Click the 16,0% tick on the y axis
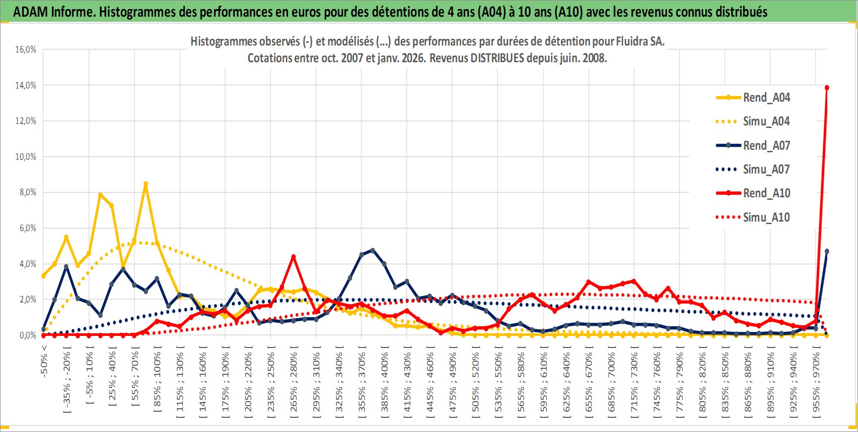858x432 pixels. tap(26, 50)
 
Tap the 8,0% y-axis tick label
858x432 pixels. tap(26, 192)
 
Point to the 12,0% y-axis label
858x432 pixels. tap(26, 121)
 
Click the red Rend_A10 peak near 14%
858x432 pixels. tap(827, 88)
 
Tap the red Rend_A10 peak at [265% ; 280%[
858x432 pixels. tap(293, 257)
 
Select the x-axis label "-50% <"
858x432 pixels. tap(44, 361)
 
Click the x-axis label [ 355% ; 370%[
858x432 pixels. tap(362, 384)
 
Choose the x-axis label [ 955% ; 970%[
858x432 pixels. tap(817, 384)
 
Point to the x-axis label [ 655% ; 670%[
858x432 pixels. tap(589, 384)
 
